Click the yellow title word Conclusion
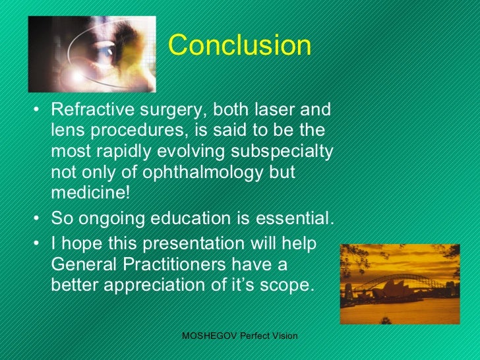pos(239,45)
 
